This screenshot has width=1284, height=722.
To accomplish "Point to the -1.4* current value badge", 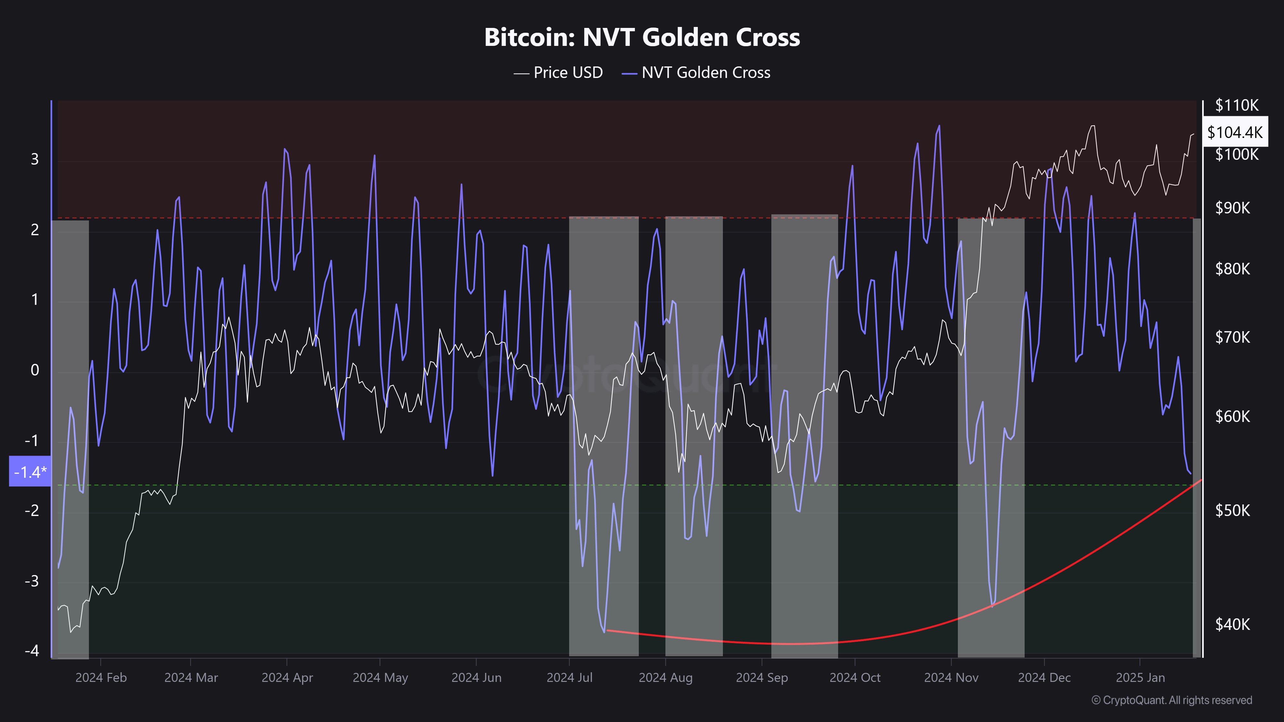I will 30,471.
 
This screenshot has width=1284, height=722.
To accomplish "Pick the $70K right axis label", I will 1232,337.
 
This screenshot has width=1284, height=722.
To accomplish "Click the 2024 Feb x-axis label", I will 101,678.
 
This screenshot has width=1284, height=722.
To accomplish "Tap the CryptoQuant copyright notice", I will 1171,700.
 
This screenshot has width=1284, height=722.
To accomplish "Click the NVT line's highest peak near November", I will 939,126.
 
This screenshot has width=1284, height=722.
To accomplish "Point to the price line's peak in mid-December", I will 1093,126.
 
